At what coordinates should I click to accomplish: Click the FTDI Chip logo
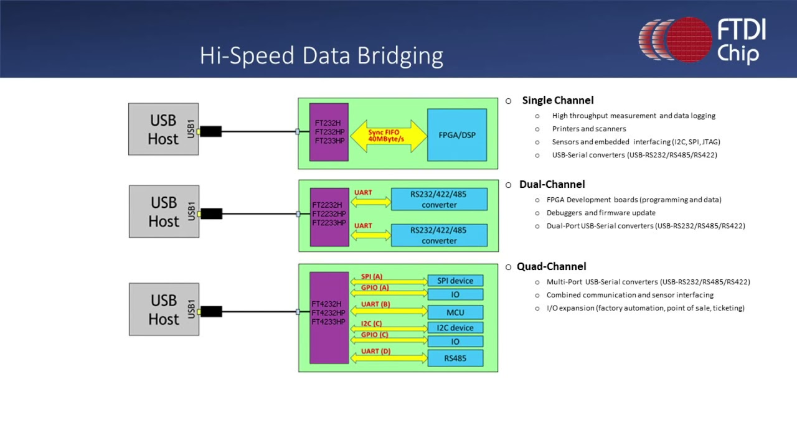[x=702, y=40]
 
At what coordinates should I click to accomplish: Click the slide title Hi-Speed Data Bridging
[x=321, y=56]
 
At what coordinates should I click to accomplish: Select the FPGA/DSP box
[x=457, y=135]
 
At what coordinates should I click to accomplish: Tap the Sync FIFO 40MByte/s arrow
[x=388, y=136]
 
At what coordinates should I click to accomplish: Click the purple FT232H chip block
[x=329, y=133]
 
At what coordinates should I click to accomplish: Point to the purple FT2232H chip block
[x=329, y=217]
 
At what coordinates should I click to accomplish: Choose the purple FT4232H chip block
[x=329, y=318]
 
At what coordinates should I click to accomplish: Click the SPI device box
[x=455, y=281]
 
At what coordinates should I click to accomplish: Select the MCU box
[x=455, y=312]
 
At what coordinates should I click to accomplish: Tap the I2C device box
[x=455, y=327]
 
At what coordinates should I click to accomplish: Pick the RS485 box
[x=455, y=358]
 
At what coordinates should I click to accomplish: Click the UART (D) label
[x=375, y=352]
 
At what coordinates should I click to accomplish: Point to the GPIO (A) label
[x=375, y=287]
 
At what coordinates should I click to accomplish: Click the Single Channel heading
[x=557, y=101]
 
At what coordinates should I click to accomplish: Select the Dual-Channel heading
[x=552, y=184]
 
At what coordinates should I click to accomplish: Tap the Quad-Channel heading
[x=551, y=266]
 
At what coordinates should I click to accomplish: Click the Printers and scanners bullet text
[x=589, y=129]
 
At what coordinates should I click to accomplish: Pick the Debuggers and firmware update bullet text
[x=601, y=213]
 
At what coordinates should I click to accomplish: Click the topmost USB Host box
[x=163, y=129]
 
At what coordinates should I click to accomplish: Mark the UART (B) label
[x=375, y=304]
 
